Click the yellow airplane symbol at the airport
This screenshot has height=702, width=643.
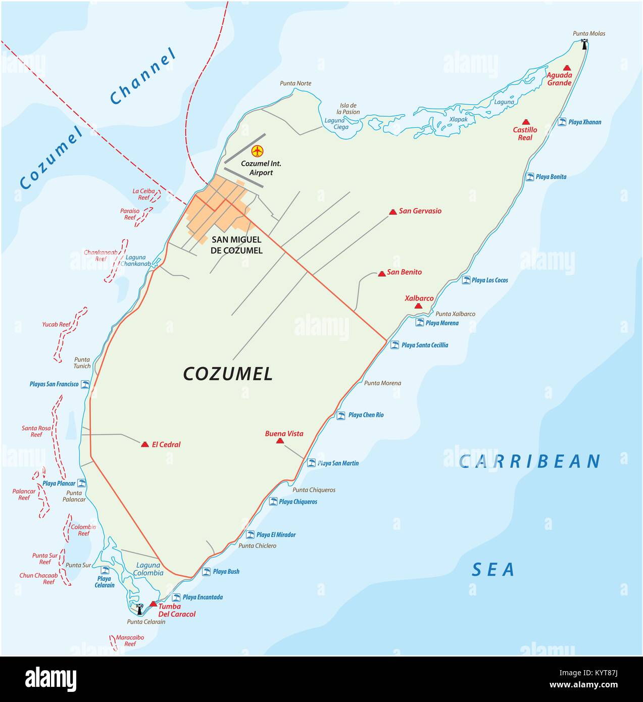[x=258, y=151]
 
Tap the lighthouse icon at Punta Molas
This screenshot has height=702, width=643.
[x=584, y=44]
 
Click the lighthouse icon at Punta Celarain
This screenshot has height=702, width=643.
[x=139, y=609]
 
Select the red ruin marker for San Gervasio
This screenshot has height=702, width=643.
[x=393, y=212]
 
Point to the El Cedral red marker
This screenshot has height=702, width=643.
[x=145, y=444]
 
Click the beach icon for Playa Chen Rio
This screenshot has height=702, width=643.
[x=341, y=415]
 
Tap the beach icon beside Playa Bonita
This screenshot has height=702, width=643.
[x=530, y=177]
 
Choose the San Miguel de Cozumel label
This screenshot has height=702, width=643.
[x=237, y=245]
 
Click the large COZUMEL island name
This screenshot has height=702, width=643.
[x=228, y=374]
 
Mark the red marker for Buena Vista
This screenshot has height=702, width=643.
[x=280, y=441]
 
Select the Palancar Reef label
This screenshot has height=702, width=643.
[x=24, y=494]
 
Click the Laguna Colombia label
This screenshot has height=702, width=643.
[x=149, y=569]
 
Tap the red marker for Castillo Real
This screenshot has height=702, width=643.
[x=526, y=122]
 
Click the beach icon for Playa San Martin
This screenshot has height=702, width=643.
[x=312, y=463]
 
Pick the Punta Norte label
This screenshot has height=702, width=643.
[x=295, y=83]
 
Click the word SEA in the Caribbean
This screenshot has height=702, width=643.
[x=493, y=570]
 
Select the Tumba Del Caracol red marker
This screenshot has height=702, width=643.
[x=154, y=604]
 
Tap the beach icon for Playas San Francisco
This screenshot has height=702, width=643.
[x=85, y=384]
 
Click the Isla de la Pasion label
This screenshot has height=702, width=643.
[x=348, y=109]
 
